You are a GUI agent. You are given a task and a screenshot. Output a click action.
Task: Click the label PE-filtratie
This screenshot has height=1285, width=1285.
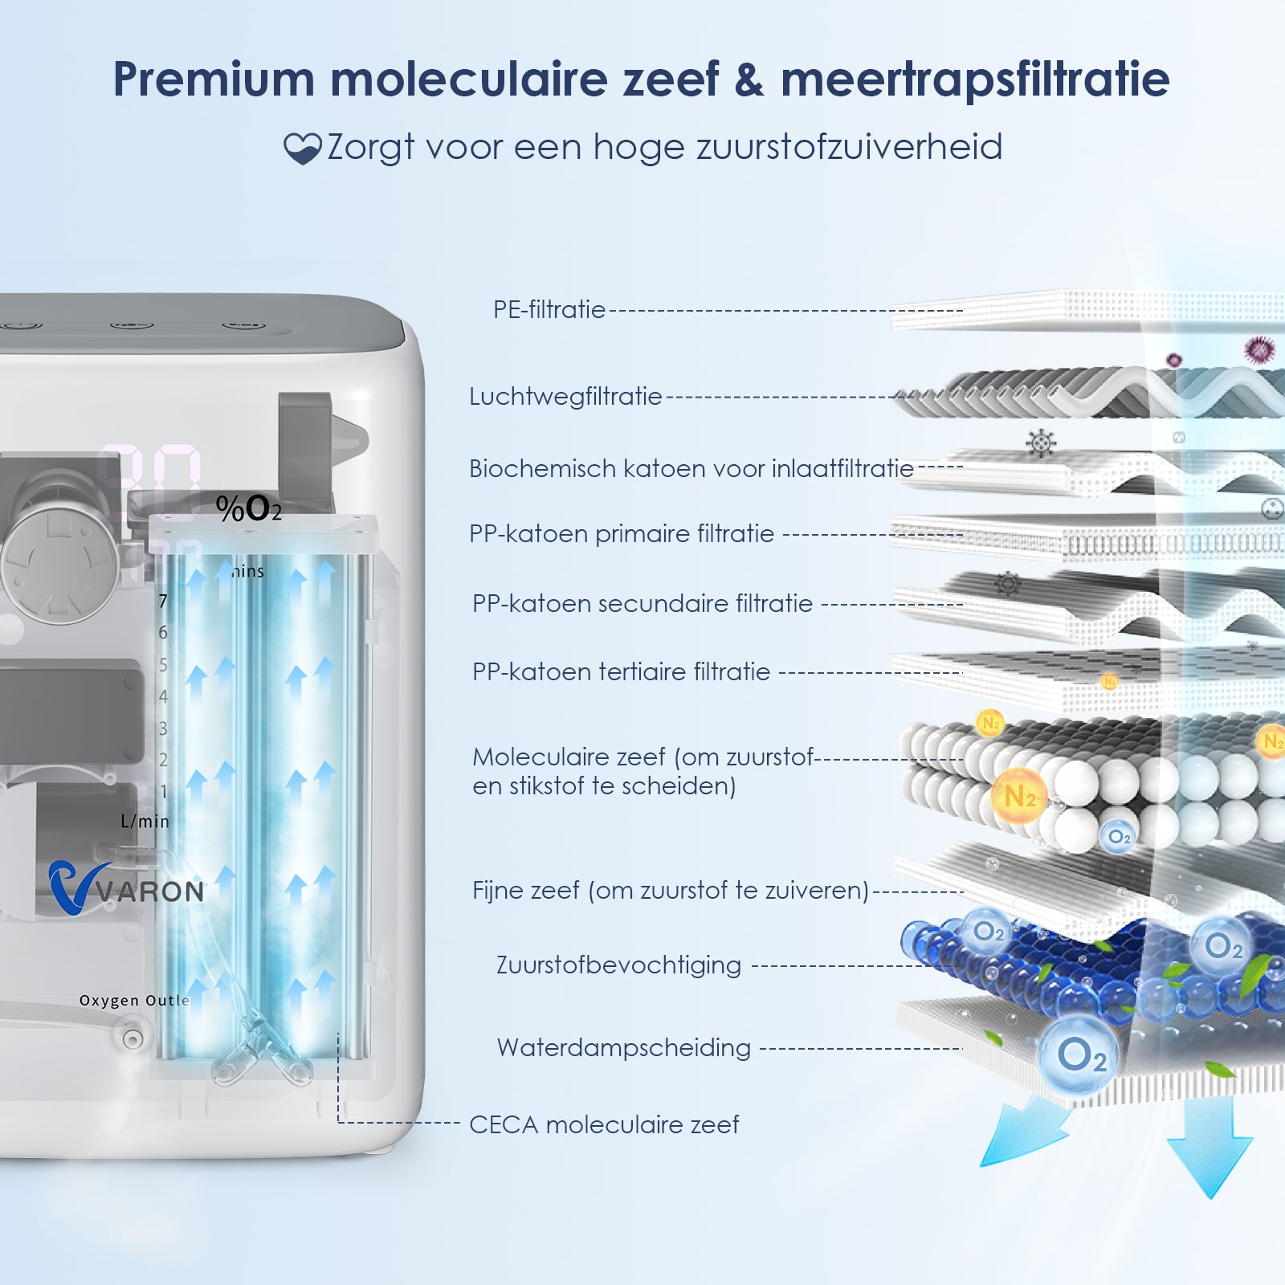pyautogui.click(x=549, y=309)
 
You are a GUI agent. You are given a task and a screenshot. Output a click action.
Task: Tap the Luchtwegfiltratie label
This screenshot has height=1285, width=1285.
pyautogui.click(x=565, y=396)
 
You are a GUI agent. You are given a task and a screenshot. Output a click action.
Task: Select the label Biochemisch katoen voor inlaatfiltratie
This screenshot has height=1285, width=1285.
pyautogui.click(x=691, y=468)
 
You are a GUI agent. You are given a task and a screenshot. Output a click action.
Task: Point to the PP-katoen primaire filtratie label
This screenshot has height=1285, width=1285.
pyautogui.click(x=621, y=533)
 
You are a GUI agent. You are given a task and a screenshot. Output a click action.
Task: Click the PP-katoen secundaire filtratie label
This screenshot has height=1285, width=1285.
pyautogui.click(x=642, y=603)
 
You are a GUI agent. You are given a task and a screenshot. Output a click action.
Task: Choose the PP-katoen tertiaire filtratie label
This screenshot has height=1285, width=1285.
pyautogui.click(x=621, y=671)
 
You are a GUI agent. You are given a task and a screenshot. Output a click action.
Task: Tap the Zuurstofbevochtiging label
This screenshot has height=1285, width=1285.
pyautogui.click(x=618, y=965)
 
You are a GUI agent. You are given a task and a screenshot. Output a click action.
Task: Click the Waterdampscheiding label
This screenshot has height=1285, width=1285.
pyautogui.click(x=623, y=1047)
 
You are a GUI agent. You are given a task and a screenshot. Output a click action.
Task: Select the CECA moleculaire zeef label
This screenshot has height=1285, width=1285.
pyautogui.click(x=604, y=1124)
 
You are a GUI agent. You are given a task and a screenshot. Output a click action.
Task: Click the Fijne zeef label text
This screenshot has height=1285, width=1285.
pyautogui.click(x=670, y=890)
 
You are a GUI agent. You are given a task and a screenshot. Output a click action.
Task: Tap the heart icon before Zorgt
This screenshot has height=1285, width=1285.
pyautogui.click(x=302, y=149)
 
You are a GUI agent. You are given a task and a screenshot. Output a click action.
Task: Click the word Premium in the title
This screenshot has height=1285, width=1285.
pyautogui.click(x=213, y=79)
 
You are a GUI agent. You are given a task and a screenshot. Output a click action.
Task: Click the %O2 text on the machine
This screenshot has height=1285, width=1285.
pyautogui.click(x=248, y=508)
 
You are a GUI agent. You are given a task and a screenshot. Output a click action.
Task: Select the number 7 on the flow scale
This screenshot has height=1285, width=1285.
pyautogui.click(x=163, y=601)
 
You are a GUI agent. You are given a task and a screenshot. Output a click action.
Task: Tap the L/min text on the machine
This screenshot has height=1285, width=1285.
pyautogui.click(x=145, y=821)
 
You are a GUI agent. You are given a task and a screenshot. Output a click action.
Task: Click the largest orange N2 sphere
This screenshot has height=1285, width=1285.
pyautogui.click(x=1019, y=796)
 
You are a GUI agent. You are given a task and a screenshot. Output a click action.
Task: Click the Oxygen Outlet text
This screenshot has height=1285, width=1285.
pyautogui.click(x=134, y=1001)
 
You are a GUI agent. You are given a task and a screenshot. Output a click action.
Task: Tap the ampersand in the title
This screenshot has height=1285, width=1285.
pyautogui.click(x=749, y=79)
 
